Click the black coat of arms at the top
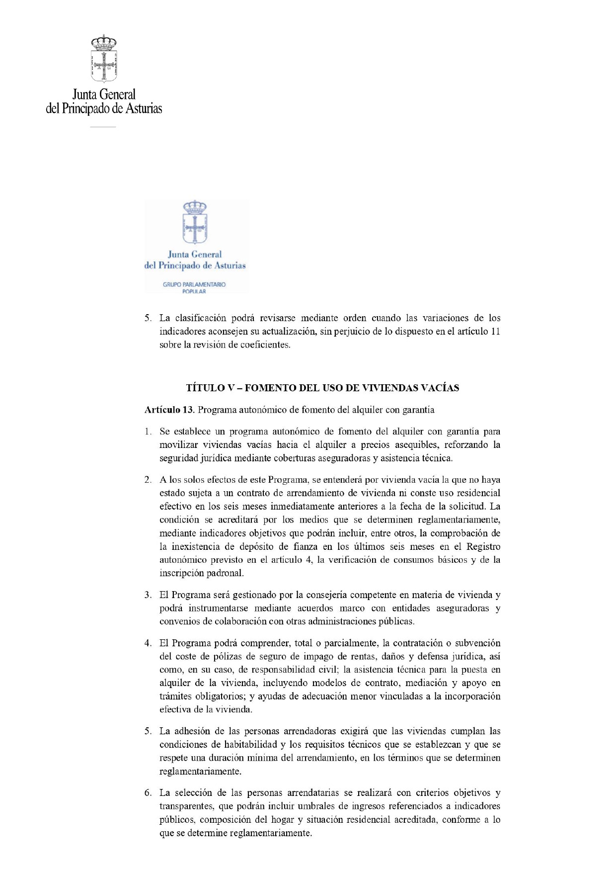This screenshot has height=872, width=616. [104, 58]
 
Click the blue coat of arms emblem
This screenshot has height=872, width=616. [195, 222]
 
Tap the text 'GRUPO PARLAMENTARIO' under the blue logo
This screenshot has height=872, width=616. [194, 284]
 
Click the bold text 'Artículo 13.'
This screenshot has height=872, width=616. [169, 410]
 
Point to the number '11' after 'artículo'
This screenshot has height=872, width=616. [495, 331]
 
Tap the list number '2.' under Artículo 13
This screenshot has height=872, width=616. [148, 480]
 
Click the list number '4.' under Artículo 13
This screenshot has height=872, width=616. [148, 643]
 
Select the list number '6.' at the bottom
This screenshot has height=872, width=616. [148, 792]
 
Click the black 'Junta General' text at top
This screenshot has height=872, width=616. [104, 94]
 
